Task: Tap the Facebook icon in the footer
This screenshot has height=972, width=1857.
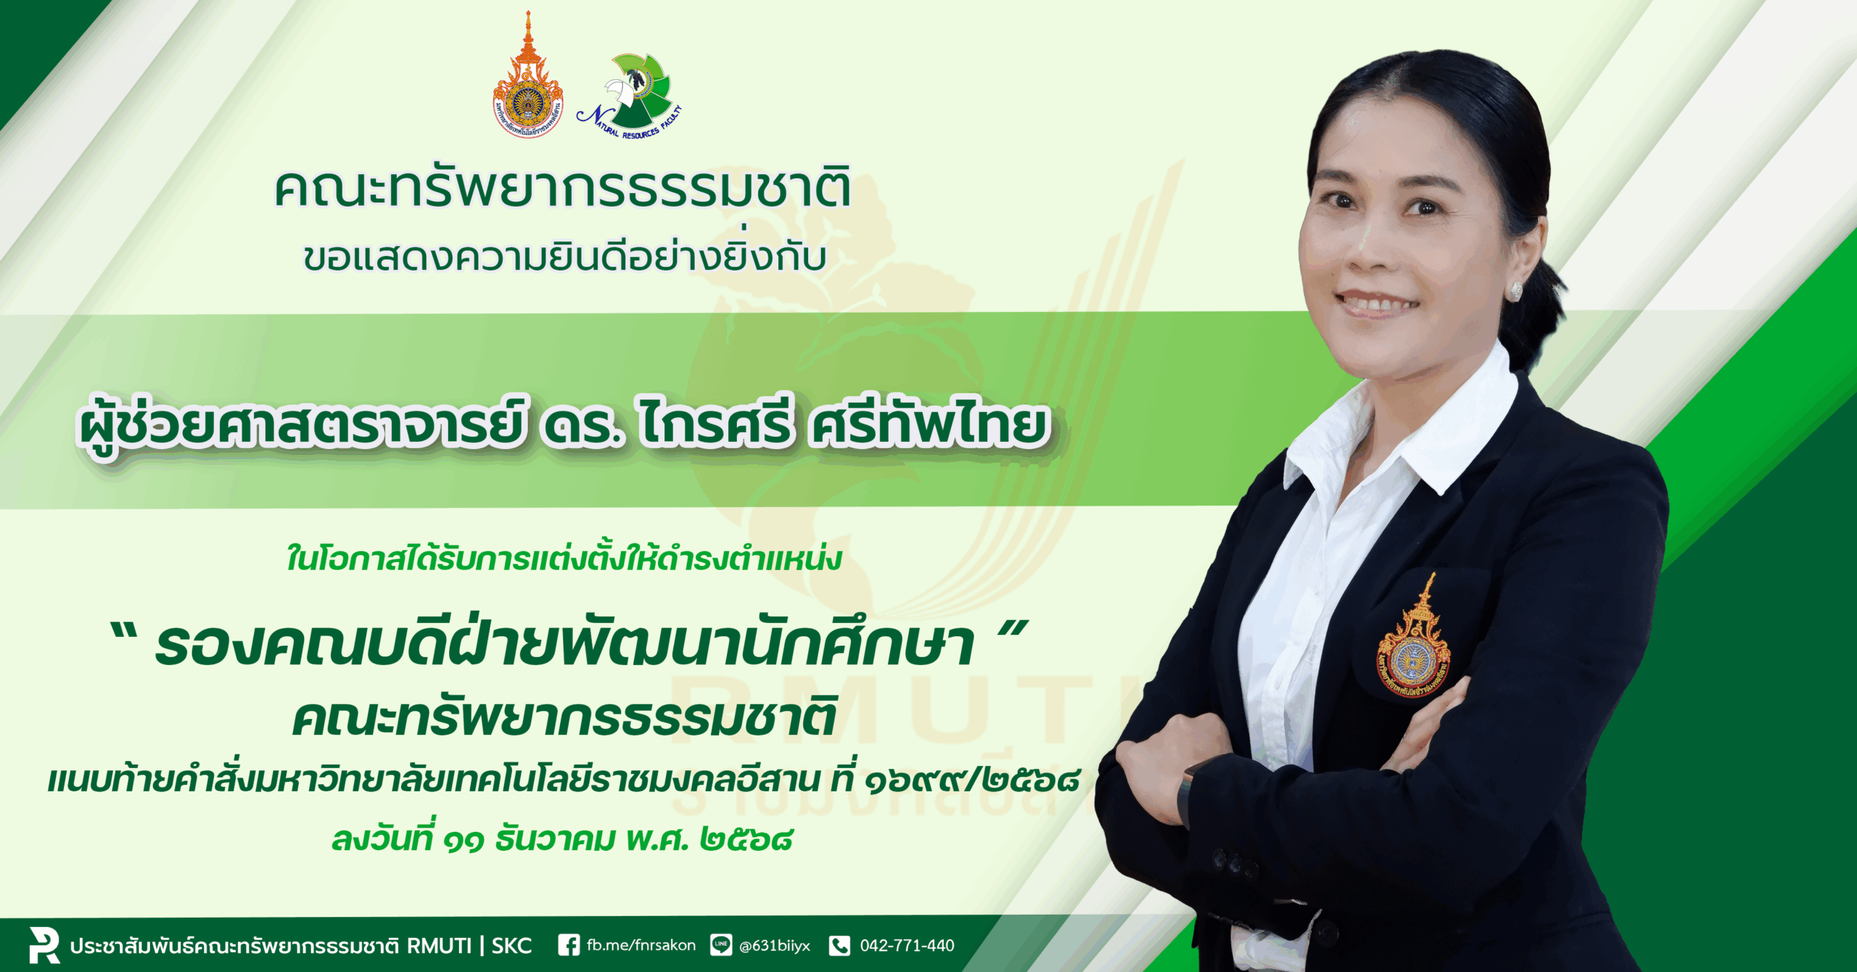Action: coord(569,945)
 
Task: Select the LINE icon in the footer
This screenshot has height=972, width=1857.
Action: coord(721,945)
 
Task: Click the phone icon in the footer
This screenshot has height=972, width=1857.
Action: coord(839,945)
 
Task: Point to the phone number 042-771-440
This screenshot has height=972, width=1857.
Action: coord(907,945)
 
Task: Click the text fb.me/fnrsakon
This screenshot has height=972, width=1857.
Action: coord(641,945)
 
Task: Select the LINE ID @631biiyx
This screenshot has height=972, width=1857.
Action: coord(775,946)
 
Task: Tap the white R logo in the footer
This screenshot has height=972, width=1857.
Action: coord(44,944)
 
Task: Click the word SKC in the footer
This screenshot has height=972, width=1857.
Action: coord(511,946)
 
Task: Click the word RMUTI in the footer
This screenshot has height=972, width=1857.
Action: coord(439,946)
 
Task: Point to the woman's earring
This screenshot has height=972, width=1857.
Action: coord(1515,292)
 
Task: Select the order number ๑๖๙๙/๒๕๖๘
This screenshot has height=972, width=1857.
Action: coord(973,780)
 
